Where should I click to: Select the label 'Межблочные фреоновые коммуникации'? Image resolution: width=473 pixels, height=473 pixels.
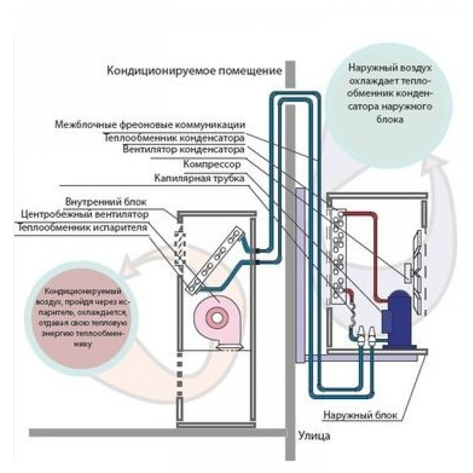[150, 125]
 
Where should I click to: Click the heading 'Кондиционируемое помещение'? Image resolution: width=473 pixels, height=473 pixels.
[194, 71]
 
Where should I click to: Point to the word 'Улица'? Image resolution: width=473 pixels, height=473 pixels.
[314, 436]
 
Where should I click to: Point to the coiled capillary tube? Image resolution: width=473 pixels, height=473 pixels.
[352, 314]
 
